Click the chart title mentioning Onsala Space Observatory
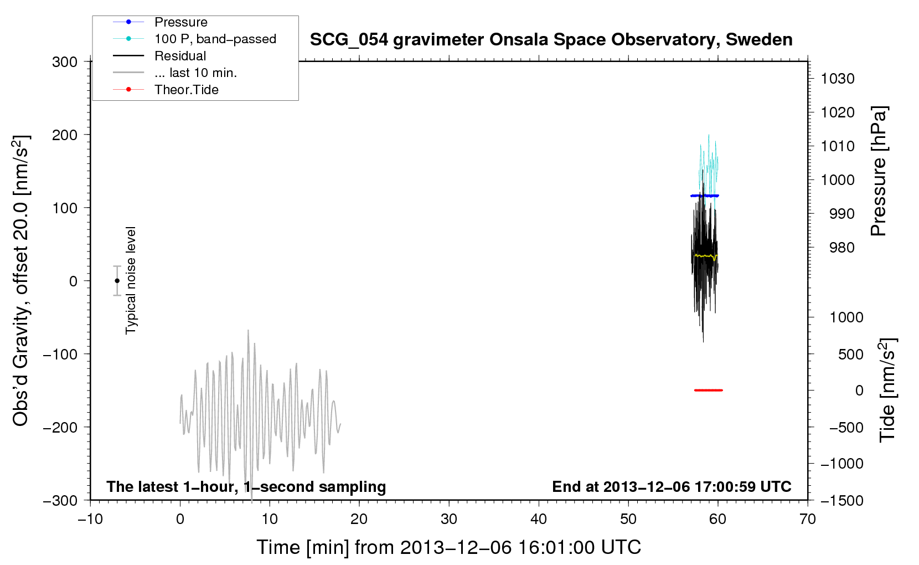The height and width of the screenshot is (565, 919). [551, 40]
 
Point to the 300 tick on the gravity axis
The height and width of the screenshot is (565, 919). [65, 62]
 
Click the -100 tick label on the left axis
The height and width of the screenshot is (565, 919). [60, 354]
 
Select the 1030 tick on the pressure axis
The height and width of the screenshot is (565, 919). [838, 79]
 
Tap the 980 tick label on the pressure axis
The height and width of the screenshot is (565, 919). [841, 248]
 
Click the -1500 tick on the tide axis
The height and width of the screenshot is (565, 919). [842, 501]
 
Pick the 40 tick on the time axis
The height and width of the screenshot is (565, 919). [539, 519]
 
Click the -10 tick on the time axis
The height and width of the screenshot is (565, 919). [90, 519]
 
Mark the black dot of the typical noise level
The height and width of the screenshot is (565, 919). [117, 281]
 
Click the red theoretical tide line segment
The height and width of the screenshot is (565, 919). [709, 390]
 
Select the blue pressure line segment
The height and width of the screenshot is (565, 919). [704, 196]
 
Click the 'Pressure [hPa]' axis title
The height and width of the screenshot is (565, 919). [879, 171]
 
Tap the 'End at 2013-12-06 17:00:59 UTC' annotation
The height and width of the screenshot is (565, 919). [672, 486]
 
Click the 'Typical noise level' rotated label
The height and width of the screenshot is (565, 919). [131, 280]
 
